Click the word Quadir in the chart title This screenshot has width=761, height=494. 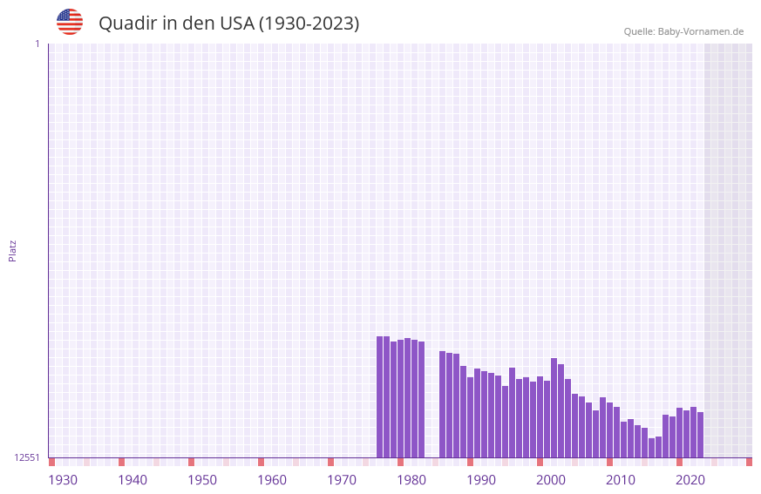[127, 24]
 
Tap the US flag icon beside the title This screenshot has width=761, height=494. [70, 22]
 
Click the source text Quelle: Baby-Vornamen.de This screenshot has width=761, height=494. [683, 31]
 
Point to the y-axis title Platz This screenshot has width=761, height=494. [12, 250]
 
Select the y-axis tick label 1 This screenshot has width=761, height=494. [37, 44]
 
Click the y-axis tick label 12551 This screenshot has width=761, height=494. [26, 457]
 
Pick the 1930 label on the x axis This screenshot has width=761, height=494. [63, 480]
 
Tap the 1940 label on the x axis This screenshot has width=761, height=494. [132, 480]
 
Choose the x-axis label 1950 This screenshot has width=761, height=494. [202, 480]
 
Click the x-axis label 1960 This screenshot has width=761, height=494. [272, 480]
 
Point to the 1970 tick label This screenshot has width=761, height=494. [342, 480]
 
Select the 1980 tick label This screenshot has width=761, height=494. [411, 480]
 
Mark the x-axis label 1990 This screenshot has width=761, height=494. [481, 480]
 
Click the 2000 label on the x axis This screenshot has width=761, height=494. [551, 480]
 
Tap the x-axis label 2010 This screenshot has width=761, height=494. [621, 480]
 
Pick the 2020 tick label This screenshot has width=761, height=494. [690, 480]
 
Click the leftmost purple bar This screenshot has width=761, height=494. [380, 396]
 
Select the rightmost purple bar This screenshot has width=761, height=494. [700, 435]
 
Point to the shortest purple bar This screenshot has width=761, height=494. [651, 448]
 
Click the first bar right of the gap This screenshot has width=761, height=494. [443, 404]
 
